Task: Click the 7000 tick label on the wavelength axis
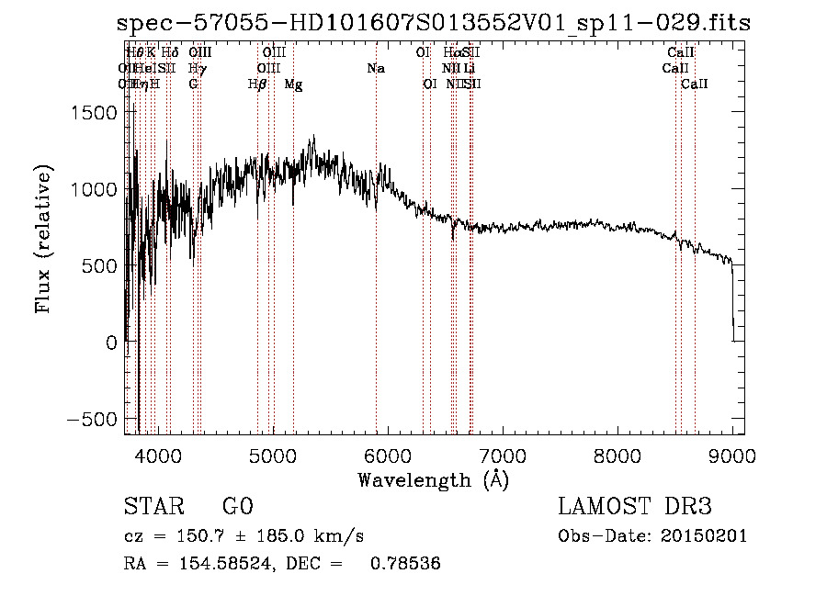pyautogui.click(x=503, y=455)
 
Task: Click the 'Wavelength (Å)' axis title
pyautogui.click(x=433, y=479)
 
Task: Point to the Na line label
pyautogui.click(x=375, y=69)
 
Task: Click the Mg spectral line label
pyautogui.click(x=293, y=84)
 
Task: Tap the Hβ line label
pyautogui.click(x=257, y=84)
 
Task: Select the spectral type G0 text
pyautogui.click(x=237, y=507)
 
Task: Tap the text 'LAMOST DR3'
pyautogui.click(x=635, y=507)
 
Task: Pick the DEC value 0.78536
pyautogui.click(x=404, y=564)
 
